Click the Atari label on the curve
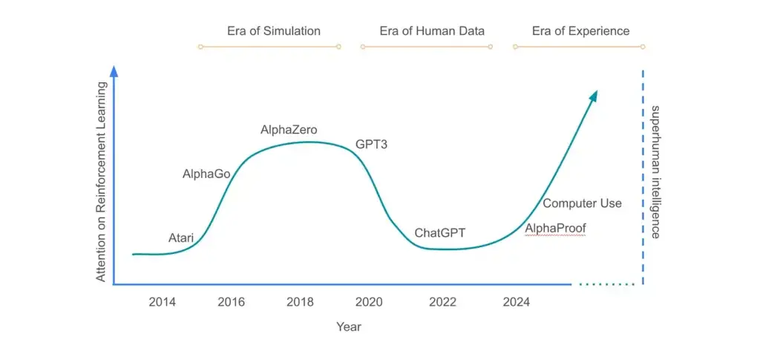click(181, 238)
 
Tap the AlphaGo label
click(206, 174)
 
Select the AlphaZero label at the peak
click(289, 130)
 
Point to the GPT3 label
click(371, 145)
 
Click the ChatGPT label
click(439, 233)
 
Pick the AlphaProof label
click(555, 228)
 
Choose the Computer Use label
click(582, 203)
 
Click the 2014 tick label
click(163, 302)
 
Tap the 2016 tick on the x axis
click(232, 302)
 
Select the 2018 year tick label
click(300, 302)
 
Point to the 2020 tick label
click(369, 302)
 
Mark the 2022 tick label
click(442, 302)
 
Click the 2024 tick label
click(517, 302)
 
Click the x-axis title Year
click(349, 327)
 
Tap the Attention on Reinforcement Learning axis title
click(101, 182)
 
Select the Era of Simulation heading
click(274, 31)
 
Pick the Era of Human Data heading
click(432, 31)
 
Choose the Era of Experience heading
click(580, 31)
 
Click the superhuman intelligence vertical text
click(655, 171)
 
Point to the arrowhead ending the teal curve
click(593, 95)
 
